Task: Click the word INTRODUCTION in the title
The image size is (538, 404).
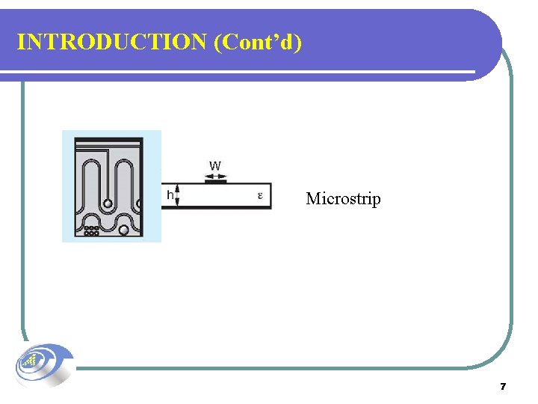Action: (112, 42)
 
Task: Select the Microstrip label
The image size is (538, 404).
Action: (343, 199)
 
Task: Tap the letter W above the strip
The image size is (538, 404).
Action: (215, 165)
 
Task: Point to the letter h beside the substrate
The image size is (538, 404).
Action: (170, 196)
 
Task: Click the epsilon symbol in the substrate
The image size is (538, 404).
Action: (260, 196)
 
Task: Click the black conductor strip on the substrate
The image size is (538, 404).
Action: (215, 182)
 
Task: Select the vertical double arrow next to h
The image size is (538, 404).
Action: (179, 196)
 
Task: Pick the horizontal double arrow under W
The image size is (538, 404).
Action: (215, 176)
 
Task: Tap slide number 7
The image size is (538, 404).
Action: (503, 387)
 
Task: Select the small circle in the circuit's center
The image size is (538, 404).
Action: (108, 203)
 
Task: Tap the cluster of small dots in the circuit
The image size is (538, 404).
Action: (91, 230)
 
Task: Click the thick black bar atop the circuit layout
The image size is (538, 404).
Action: (108, 141)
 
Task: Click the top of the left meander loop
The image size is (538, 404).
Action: (90, 162)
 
